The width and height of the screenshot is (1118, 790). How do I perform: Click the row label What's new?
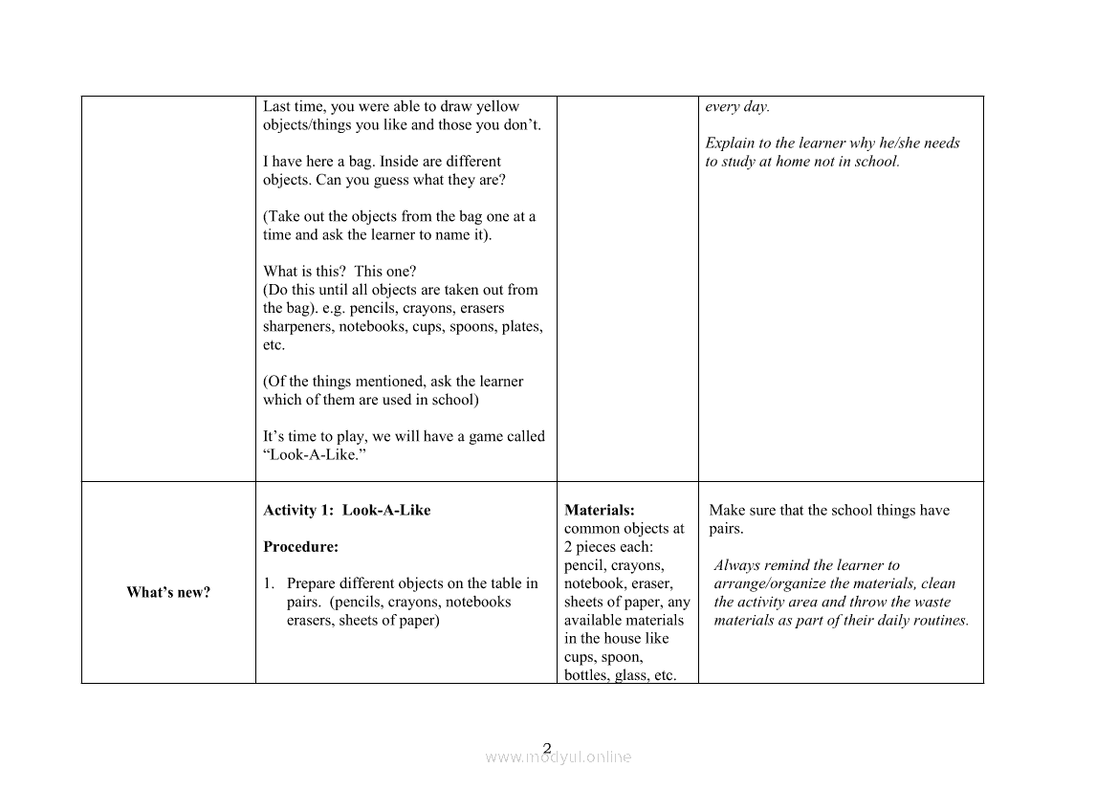(168, 592)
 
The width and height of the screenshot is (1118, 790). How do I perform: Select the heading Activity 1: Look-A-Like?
(346, 510)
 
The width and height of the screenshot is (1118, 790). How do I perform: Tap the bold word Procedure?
(300, 547)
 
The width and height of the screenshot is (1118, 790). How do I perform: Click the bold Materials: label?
(600, 510)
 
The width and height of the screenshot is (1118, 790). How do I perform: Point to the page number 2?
(547, 748)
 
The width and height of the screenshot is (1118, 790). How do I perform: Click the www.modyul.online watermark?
(559, 757)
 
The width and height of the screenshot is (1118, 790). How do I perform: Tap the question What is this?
(305, 271)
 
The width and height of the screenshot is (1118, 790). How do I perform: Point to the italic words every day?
(737, 106)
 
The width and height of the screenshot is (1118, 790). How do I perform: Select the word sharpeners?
(300, 326)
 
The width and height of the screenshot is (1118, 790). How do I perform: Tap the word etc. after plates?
(274, 344)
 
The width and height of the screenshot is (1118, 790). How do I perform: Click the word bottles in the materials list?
(587, 675)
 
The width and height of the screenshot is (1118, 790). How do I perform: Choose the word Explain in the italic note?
(730, 143)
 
